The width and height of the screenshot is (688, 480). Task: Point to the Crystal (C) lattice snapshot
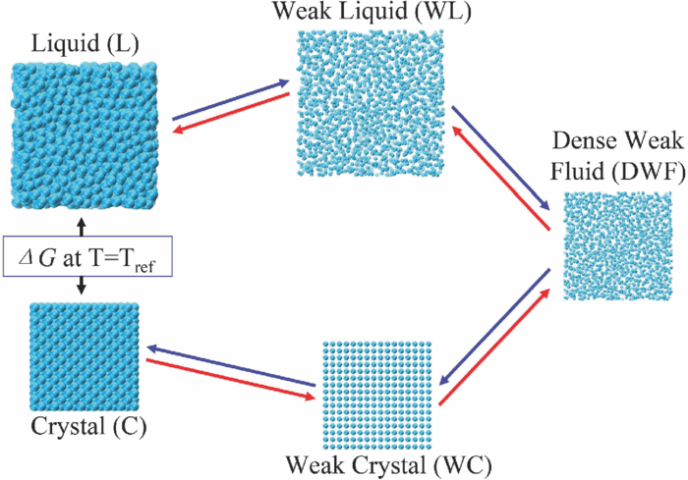[x=84, y=357]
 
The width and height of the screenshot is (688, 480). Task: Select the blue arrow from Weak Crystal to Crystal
[x=231, y=365]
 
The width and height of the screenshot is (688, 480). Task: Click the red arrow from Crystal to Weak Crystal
[x=231, y=378]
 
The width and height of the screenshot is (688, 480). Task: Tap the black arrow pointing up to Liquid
[x=83, y=228]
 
